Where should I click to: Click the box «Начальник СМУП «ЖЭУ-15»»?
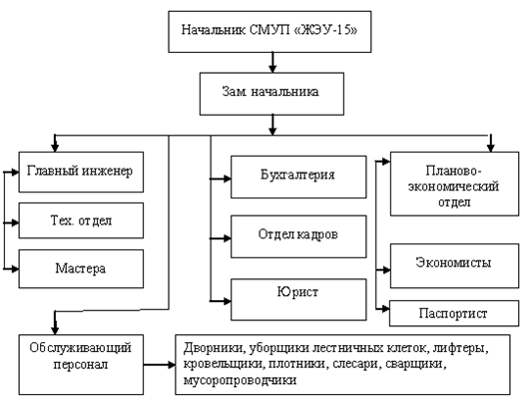[269, 32]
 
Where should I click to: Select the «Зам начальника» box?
[271, 94]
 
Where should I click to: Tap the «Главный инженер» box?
[81, 172]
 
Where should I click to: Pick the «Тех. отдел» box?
[81, 220]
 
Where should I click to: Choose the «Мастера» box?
[81, 268]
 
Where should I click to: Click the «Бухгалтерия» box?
[298, 177]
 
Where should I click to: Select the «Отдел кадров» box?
[298, 236]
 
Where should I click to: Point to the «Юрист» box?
[298, 299]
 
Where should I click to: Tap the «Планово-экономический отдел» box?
[454, 184]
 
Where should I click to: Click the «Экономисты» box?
[454, 265]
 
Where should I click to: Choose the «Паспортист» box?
[454, 313]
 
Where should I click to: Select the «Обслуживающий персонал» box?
[81, 364]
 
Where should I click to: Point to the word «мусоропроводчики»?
[240, 380]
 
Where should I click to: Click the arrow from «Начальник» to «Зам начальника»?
[272, 62]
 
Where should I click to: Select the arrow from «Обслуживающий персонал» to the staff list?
[159, 364]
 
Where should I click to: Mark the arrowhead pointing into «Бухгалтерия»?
[227, 179]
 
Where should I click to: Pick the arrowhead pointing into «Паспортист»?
[385, 308]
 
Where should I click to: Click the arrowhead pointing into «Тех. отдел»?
[15, 222]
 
